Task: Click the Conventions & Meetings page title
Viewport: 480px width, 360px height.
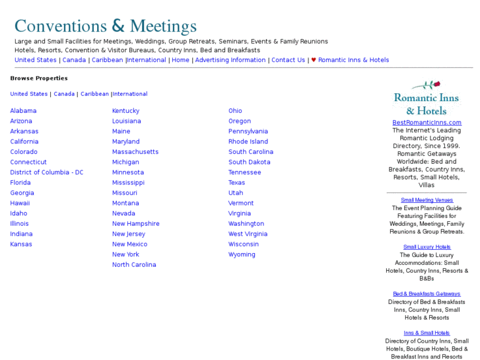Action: tap(106, 26)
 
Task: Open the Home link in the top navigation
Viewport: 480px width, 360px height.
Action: tap(180, 60)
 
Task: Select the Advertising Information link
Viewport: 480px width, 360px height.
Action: tap(230, 60)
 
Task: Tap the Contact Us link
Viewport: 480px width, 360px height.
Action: tap(288, 60)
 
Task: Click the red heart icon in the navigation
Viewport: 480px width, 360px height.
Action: tap(314, 60)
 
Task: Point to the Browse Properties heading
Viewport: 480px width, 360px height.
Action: tap(39, 79)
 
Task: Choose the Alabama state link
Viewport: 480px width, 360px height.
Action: tap(23, 111)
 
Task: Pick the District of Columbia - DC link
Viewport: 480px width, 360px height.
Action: tap(47, 172)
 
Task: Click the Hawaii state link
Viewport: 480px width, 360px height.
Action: tap(20, 203)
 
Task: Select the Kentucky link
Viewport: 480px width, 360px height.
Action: tap(125, 111)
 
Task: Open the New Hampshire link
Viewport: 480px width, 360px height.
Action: tap(135, 224)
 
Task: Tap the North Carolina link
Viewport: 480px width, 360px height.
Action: tap(134, 265)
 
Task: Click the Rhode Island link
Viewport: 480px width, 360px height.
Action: tap(248, 142)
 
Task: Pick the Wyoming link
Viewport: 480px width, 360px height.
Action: tap(242, 255)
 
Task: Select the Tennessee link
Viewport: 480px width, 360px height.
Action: tap(244, 172)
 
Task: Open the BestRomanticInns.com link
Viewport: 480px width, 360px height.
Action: tap(427, 123)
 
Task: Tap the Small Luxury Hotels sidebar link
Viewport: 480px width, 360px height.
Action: tap(427, 247)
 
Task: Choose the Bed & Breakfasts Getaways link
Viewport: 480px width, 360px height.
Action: tap(427, 294)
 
